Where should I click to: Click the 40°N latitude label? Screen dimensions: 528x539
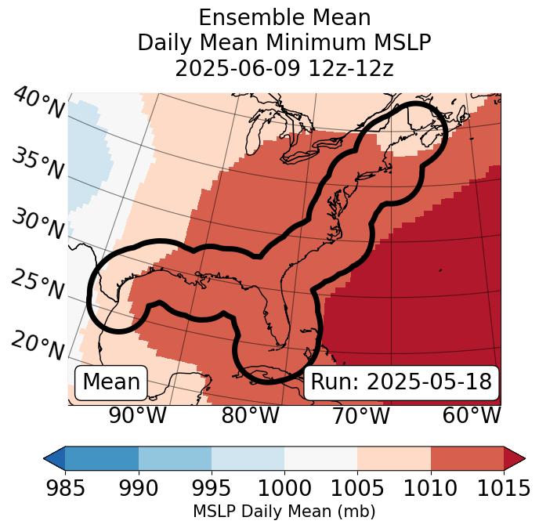(38, 104)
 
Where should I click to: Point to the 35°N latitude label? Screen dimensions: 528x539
(38, 163)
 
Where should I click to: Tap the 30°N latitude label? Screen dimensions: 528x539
(38, 225)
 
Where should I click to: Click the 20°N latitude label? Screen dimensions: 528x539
(38, 345)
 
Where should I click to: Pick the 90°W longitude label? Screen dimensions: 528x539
(138, 416)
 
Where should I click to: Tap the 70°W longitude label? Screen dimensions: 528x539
(361, 416)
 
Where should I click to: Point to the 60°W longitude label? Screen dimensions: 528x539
(472, 416)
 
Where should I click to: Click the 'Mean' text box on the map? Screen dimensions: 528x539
(111, 382)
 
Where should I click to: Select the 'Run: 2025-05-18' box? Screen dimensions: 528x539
(401, 382)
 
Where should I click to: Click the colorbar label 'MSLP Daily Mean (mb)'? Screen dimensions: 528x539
(284, 512)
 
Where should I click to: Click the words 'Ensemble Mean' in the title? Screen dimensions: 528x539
(284, 17)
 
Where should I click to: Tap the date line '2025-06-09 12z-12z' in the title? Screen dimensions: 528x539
(284, 68)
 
